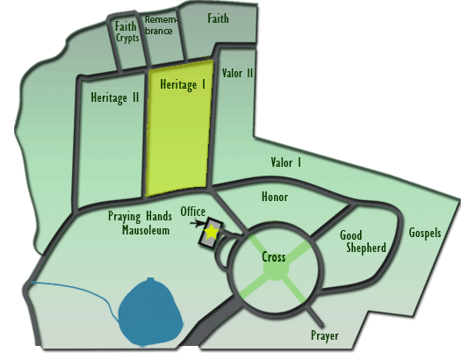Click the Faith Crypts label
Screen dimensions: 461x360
point(126,32)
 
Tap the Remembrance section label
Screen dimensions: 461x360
point(161,25)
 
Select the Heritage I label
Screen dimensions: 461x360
point(183,84)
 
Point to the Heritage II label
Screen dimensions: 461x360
point(115,97)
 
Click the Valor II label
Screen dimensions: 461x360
point(237,73)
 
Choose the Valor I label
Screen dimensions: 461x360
point(285,162)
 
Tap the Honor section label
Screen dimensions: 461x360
point(275,197)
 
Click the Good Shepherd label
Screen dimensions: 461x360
point(363,241)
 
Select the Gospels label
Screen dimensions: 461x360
point(425,233)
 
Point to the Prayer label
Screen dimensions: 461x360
point(325,335)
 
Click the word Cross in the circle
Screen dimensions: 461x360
point(274,257)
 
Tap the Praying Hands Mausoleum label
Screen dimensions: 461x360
point(140,223)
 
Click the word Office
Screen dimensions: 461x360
point(193,212)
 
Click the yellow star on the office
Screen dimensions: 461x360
point(212,232)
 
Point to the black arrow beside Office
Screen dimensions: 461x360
point(197,223)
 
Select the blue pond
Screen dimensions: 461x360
point(150,312)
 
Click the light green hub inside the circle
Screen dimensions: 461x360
point(276,268)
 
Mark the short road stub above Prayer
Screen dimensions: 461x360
point(314,316)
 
